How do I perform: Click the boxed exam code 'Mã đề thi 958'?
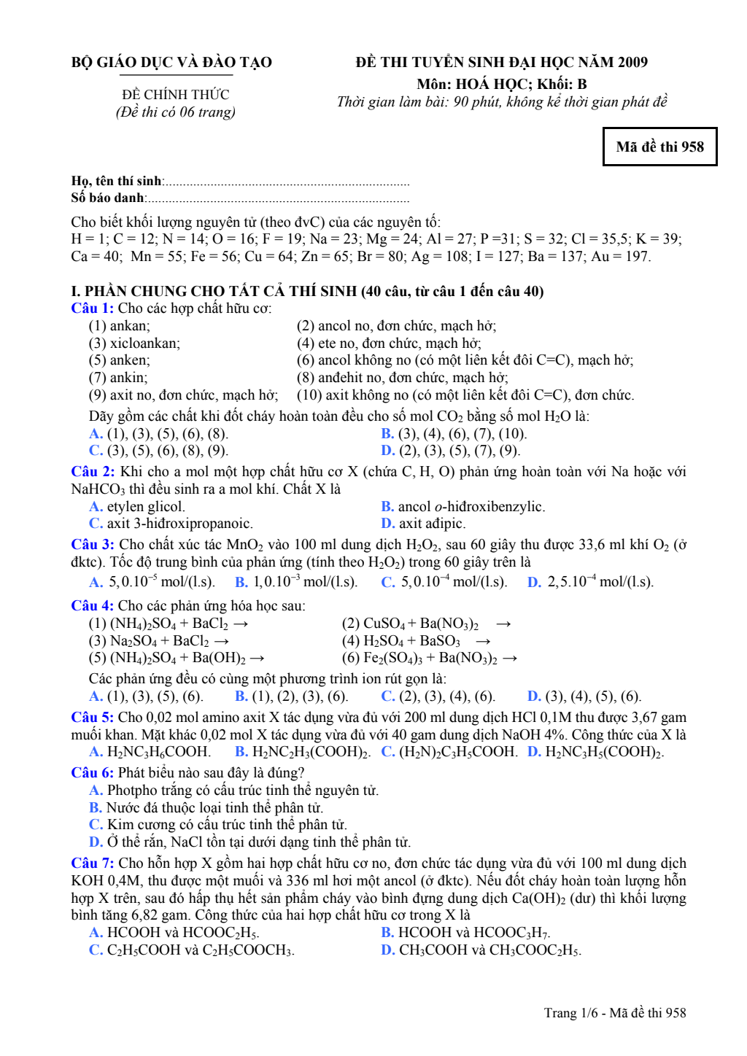point(659,147)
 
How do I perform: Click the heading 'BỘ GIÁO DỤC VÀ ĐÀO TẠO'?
point(171,63)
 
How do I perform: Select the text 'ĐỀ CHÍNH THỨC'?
point(176,95)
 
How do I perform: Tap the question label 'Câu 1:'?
point(92,308)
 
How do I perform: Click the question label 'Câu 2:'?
point(93,472)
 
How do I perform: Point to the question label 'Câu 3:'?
point(93,545)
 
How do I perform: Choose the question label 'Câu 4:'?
point(92,606)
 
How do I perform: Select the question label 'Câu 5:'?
point(92,718)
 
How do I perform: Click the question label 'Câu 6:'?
point(92,773)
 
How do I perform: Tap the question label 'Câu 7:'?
point(92,863)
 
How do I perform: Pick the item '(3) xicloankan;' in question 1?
point(134,343)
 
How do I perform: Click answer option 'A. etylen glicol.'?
point(137,507)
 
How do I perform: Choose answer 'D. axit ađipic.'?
point(423,524)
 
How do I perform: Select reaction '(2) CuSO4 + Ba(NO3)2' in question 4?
point(410,624)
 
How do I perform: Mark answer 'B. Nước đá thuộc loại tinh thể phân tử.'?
point(206,808)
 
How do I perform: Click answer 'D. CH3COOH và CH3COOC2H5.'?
point(481,950)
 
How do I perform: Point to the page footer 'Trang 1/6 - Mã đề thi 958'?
point(614,1013)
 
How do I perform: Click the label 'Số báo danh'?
point(108,198)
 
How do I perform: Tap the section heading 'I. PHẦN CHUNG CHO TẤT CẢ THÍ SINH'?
point(215,292)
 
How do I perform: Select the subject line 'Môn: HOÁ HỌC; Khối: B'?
point(502,85)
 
